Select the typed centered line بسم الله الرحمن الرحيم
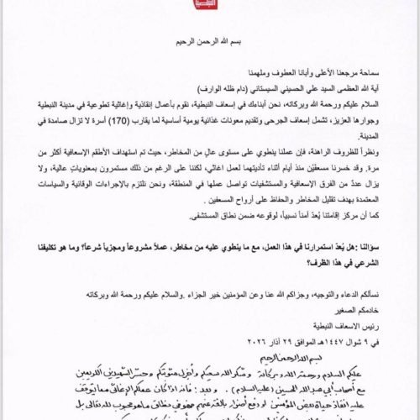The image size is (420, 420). [x=211, y=41]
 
